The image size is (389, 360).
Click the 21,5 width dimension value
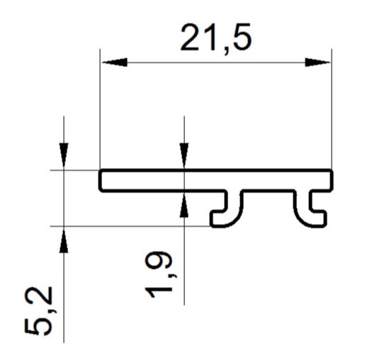point(216,38)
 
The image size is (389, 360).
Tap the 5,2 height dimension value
point(39,310)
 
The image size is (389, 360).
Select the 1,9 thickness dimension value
point(159,275)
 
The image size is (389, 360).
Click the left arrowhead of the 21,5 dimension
point(115,62)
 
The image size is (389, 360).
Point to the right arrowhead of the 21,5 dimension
point(318,62)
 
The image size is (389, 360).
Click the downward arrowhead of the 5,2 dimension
point(64,154)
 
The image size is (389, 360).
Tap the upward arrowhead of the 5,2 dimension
point(64,242)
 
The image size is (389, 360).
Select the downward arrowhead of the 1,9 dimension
point(184,154)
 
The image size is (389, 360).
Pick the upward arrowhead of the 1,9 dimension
point(184,206)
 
